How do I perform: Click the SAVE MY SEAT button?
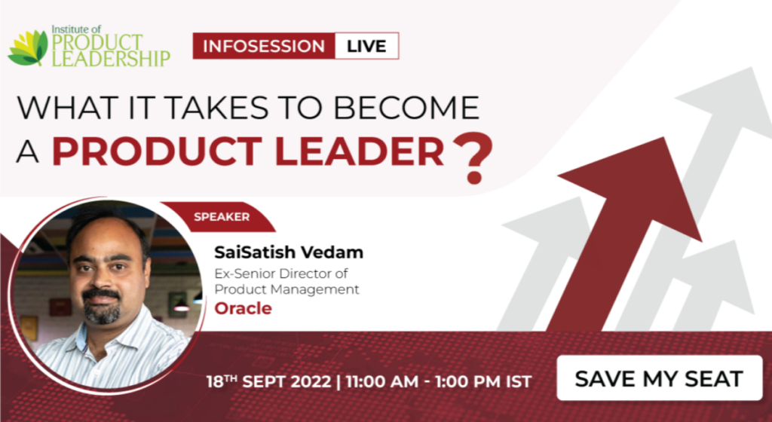tap(659, 378)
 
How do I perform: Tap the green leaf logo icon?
tap(28, 48)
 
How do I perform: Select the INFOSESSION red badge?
tap(264, 46)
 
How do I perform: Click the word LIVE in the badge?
tap(366, 46)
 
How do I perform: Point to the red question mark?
tap(472, 157)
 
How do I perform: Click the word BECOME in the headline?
tap(406, 107)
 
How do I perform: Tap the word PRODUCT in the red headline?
tap(157, 151)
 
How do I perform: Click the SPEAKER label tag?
tap(222, 217)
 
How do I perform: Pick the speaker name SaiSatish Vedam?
tap(289, 252)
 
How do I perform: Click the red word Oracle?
tap(244, 308)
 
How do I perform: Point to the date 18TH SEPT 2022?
tap(268, 381)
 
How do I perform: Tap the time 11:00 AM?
tap(382, 381)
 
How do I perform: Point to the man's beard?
tap(102, 308)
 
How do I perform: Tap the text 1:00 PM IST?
tap(483, 381)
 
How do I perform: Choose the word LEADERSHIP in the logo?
tap(111, 59)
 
